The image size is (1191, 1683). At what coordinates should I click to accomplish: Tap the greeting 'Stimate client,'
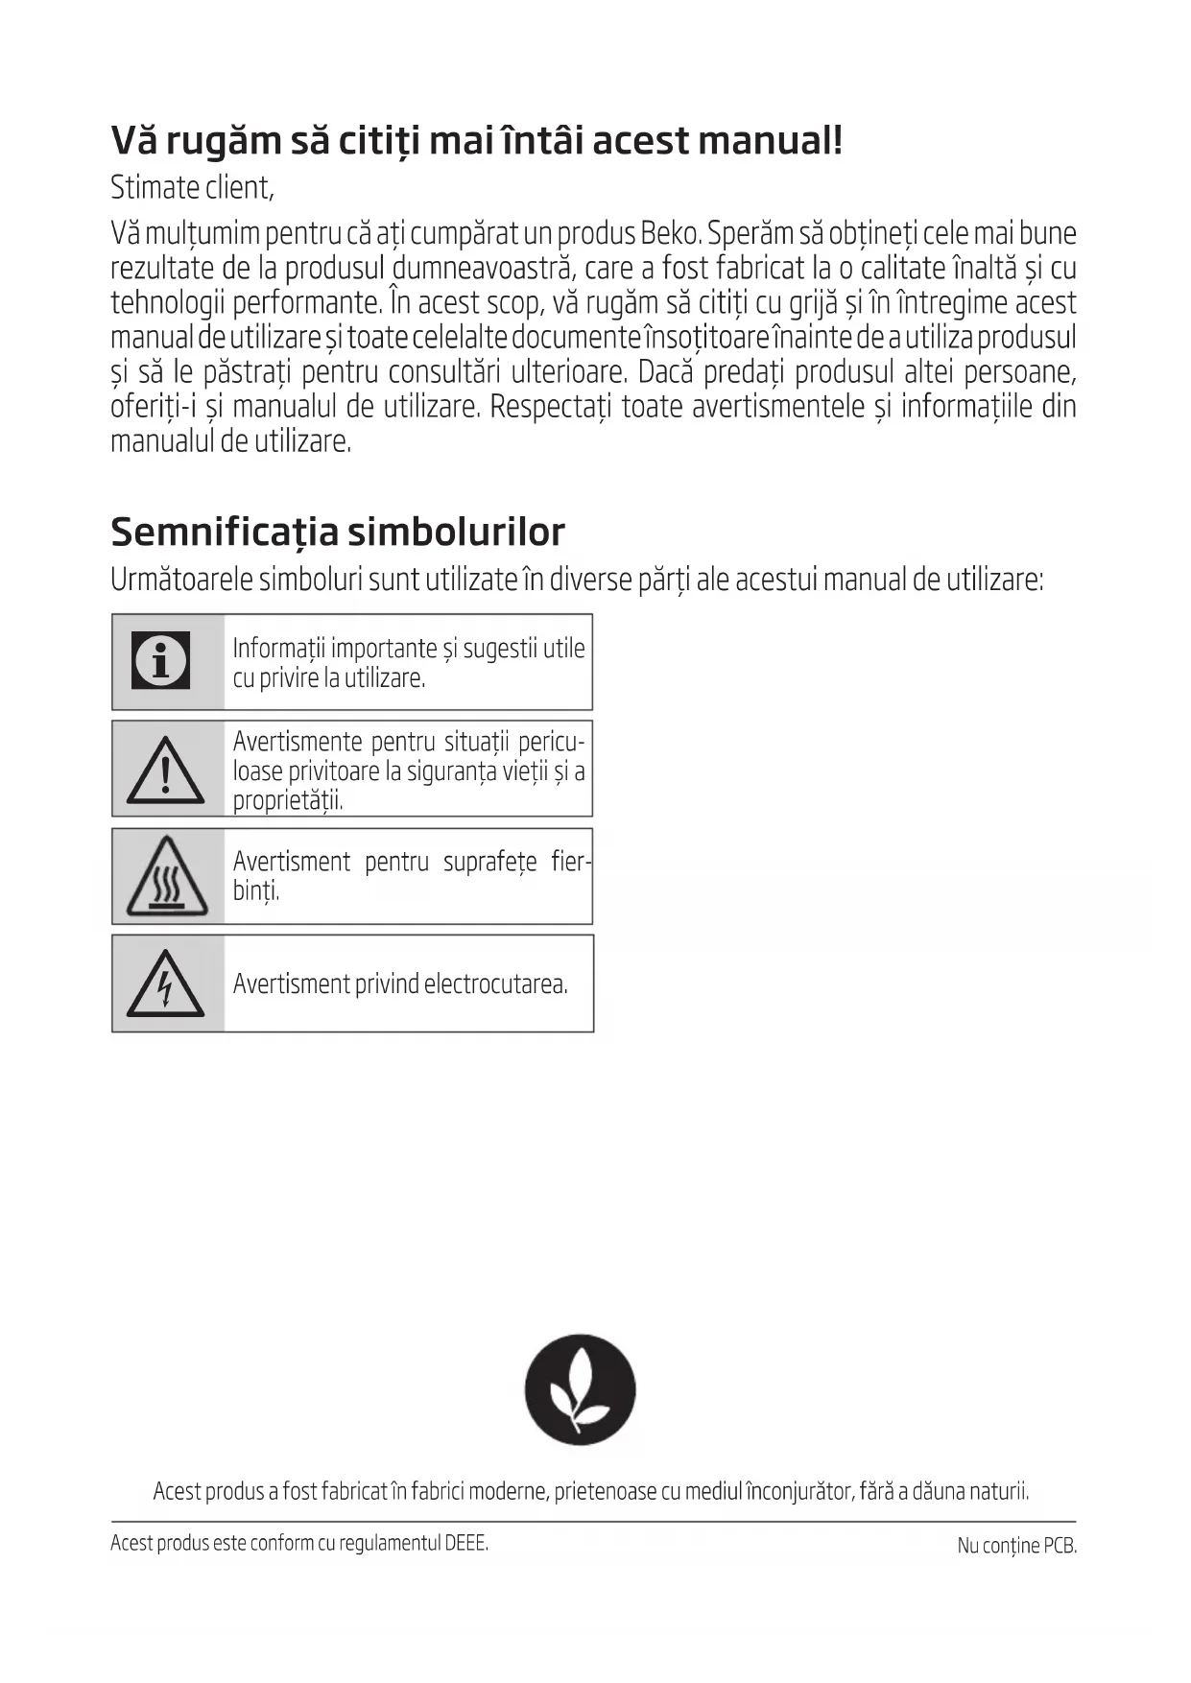click(192, 187)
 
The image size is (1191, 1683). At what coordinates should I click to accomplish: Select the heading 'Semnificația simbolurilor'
click(338, 531)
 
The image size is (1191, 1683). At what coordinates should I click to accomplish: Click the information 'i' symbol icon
click(160, 660)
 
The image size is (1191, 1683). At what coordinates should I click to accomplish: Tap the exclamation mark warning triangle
click(165, 770)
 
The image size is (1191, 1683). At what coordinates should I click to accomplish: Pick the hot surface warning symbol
click(167, 877)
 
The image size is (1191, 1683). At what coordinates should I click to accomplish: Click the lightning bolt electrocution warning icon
click(165, 984)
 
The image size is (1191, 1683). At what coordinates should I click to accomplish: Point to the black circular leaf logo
click(580, 1388)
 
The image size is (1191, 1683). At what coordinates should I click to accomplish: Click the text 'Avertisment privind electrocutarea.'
click(400, 984)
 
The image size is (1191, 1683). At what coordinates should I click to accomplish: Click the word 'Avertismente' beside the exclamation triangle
click(298, 742)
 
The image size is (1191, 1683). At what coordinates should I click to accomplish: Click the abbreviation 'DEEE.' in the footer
click(466, 1543)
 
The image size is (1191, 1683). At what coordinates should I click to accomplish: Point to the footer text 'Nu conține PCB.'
click(1016, 1546)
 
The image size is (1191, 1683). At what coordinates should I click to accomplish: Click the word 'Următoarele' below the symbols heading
click(181, 580)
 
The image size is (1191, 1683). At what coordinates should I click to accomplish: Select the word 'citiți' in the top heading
click(378, 141)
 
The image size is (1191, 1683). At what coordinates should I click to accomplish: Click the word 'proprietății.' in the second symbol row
click(288, 800)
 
